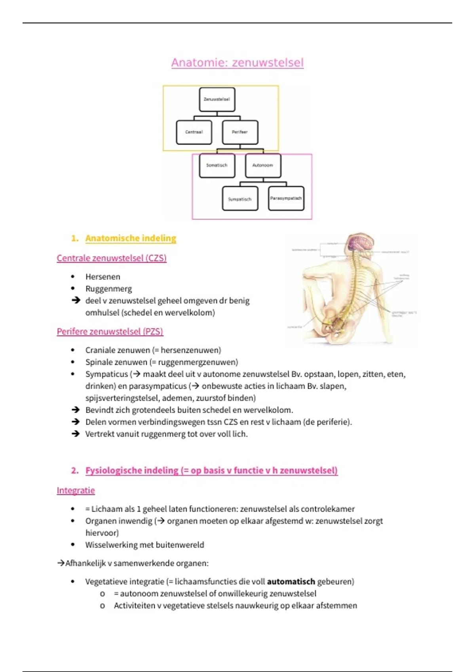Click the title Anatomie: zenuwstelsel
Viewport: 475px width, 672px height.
point(237,62)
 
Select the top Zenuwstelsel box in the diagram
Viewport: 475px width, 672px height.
point(217,99)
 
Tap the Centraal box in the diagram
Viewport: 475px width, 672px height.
point(194,132)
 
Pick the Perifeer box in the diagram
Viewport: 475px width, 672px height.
point(240,132)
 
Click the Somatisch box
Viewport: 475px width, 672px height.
point(217,165)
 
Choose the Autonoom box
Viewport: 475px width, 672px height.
point(263,165)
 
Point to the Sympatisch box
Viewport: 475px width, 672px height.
point(240,199)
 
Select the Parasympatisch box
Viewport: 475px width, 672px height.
point(286,198)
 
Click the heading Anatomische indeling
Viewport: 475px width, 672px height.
point(131,238)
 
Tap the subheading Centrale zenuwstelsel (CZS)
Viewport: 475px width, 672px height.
point(111,258)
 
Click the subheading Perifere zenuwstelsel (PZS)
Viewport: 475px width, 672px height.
point(110,331)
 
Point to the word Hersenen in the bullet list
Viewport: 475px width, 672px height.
point(103,277)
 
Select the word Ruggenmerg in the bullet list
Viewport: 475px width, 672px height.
point(108,289)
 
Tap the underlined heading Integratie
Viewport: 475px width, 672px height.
point(76,490)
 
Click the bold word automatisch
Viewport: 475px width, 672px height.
point(291,581)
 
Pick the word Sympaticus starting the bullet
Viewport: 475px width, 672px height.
point(106,374)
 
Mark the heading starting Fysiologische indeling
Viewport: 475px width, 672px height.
point(211,470)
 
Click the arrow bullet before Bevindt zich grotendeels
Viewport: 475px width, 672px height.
point(76,410)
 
